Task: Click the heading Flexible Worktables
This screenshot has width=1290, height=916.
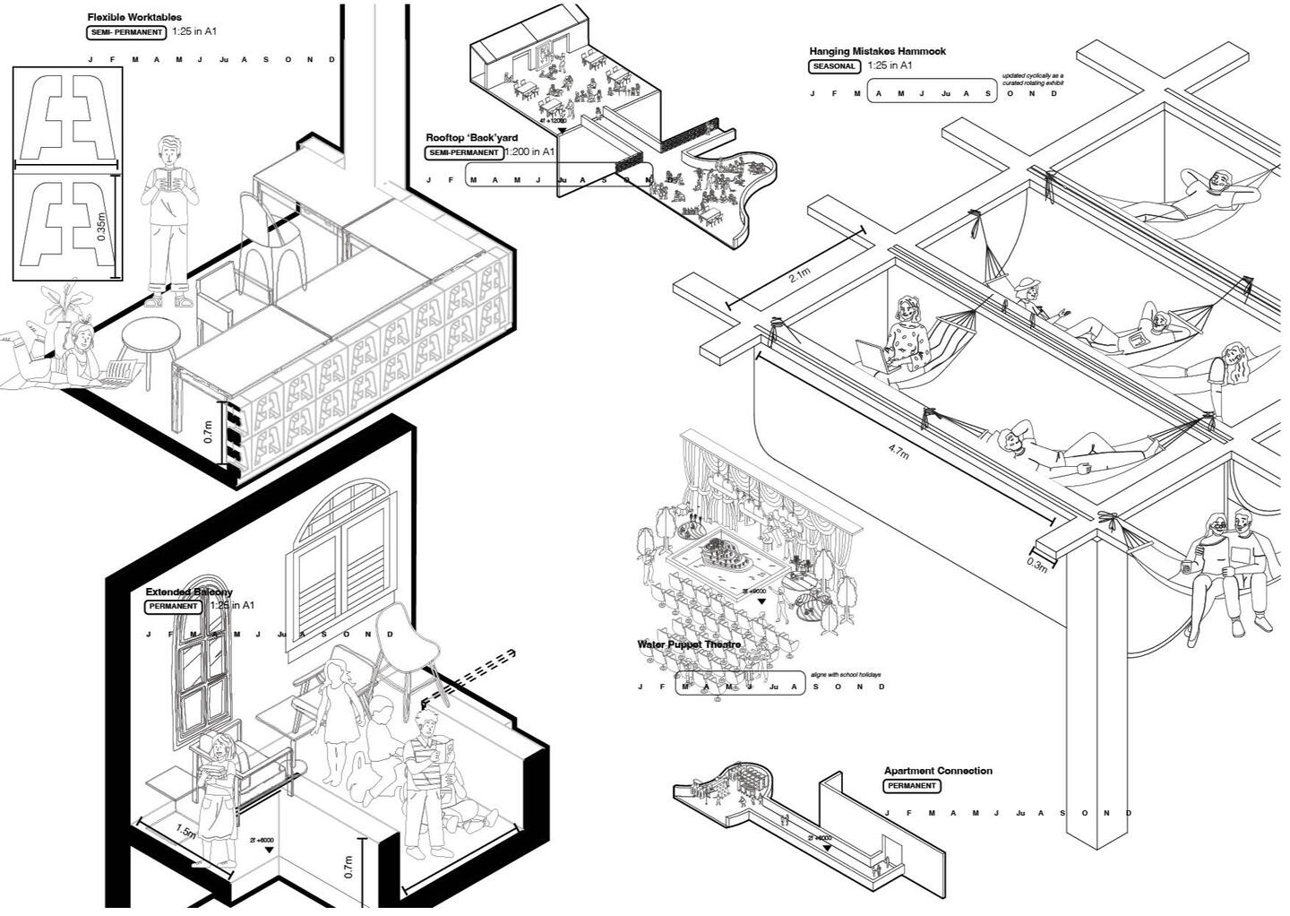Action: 134,17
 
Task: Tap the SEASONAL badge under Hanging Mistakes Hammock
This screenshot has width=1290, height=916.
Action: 834,66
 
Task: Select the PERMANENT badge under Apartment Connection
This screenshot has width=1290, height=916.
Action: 912,786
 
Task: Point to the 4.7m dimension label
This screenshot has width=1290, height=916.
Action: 898,453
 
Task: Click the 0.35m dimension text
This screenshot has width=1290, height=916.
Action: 101,225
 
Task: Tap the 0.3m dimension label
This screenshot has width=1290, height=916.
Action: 1036,565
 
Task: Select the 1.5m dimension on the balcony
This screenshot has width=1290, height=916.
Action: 185,834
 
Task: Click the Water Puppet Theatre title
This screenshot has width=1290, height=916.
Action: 689,644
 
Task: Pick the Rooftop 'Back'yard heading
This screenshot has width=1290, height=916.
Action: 471,138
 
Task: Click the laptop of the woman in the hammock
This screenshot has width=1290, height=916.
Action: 874,356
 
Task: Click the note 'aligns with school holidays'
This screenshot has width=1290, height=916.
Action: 846,675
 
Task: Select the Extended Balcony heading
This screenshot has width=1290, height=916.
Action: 189,592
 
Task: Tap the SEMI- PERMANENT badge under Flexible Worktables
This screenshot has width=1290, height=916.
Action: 127,32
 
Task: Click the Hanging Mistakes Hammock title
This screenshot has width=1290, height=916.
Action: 877,51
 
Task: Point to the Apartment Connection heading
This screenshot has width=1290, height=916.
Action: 938,771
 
